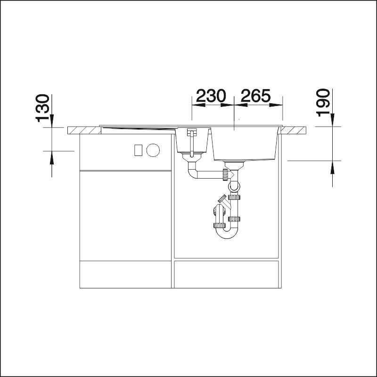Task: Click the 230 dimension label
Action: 211,96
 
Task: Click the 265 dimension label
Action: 256,96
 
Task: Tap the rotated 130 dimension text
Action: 43,108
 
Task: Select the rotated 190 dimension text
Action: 323,103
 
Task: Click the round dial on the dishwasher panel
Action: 153,150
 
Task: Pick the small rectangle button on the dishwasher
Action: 139,150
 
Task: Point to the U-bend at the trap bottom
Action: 227,233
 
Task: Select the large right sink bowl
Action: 246,144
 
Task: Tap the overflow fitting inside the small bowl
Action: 192,142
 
